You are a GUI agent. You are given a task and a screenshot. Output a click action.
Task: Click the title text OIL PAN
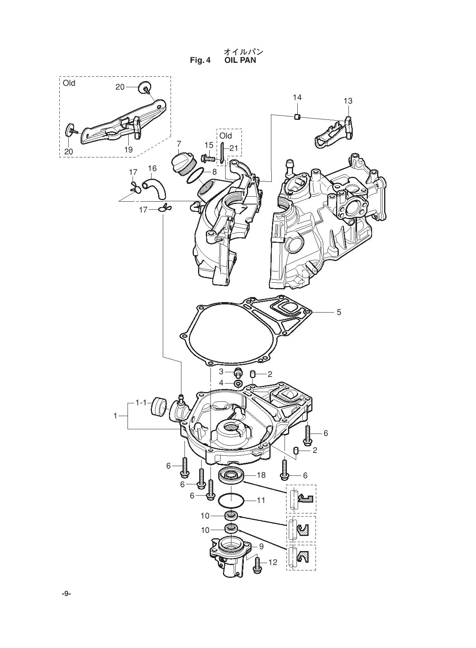tap(240, 60)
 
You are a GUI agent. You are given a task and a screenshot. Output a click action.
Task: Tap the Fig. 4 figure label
tap(200, 60)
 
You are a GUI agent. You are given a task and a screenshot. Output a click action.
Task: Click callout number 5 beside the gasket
tap(339, 312)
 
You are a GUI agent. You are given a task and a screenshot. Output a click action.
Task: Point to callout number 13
tap(348, 101)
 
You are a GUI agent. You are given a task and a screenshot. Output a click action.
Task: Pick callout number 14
tap(297, 97)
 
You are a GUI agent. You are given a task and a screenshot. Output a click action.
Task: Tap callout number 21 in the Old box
tap(233, 148)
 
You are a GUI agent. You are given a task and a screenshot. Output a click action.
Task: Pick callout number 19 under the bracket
tap(128, 150)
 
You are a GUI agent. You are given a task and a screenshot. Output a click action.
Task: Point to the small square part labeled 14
tap(297, 117)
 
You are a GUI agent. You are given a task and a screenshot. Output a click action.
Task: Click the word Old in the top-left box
tap(69, 83)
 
